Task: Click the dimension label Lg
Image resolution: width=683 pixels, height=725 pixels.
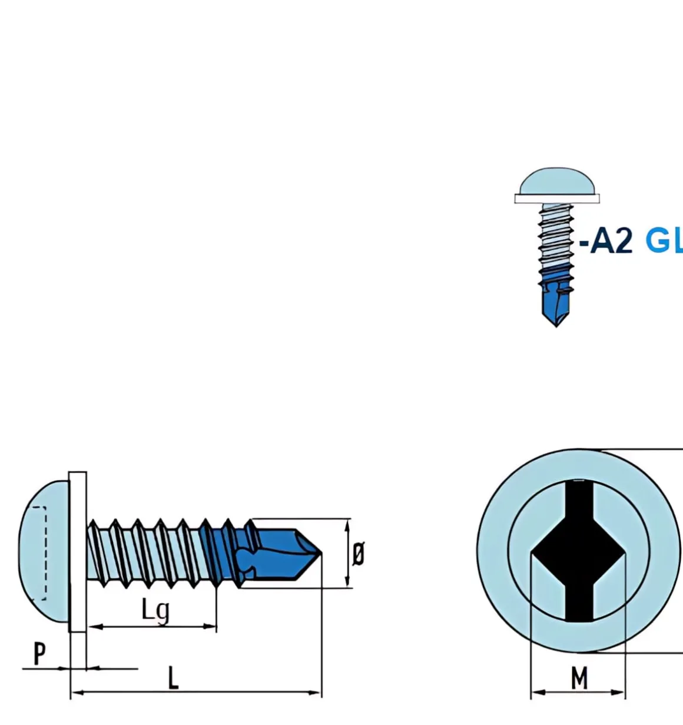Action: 155,610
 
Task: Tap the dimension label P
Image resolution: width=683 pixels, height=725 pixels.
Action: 39,654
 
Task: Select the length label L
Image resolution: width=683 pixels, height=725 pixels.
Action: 173,678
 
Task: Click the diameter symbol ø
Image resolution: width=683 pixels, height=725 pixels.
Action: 358,554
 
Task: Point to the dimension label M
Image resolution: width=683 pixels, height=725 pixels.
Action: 579,678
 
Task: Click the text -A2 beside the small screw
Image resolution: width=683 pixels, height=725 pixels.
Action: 606,241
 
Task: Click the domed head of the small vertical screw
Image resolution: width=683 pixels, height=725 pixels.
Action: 556,181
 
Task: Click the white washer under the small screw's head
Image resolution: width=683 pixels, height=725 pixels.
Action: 556,198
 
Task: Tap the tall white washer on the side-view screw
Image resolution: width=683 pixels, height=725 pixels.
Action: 78,551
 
